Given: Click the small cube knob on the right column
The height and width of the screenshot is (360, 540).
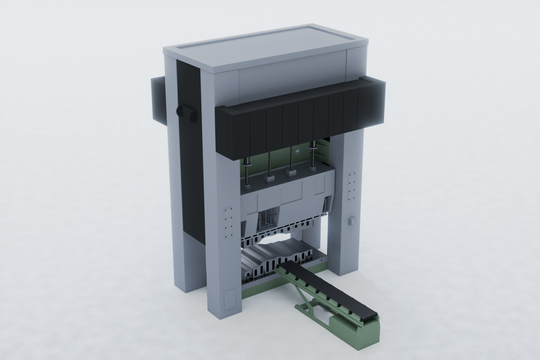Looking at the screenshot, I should click(x=351, y=221).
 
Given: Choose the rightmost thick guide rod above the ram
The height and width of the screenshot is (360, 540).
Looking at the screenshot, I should click(x=312, y=156).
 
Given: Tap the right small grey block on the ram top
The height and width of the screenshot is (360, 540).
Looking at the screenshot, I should click(x=291, y=173).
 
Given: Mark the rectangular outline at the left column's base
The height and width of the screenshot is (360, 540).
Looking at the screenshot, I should click(x=230, y=299).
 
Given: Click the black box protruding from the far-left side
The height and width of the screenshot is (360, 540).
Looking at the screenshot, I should click(x=158, y=98).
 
